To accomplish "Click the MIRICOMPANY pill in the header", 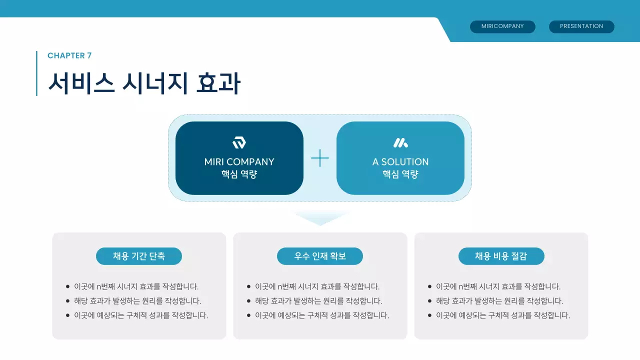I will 502,26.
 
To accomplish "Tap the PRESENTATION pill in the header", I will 581,26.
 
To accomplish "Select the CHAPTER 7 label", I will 69,55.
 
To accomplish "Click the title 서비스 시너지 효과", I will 144,83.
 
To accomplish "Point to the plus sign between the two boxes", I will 320,158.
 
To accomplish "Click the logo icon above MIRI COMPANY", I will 239,143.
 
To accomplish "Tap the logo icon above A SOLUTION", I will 400,143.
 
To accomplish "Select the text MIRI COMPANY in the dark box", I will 239,161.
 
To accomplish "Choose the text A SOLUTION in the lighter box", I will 400,161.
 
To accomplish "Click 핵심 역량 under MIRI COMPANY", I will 239,174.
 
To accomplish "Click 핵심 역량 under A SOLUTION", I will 400,174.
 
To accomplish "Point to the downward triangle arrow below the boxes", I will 320,218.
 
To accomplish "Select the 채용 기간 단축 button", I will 139,256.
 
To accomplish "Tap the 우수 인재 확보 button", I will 320,256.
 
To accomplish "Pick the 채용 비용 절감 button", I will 501,256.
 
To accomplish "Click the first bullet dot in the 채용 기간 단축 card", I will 67,286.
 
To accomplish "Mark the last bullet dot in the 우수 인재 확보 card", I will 248,315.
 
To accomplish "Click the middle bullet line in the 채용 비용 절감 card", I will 499,301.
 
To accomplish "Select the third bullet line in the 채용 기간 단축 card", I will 140,315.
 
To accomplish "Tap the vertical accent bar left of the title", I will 36,73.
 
